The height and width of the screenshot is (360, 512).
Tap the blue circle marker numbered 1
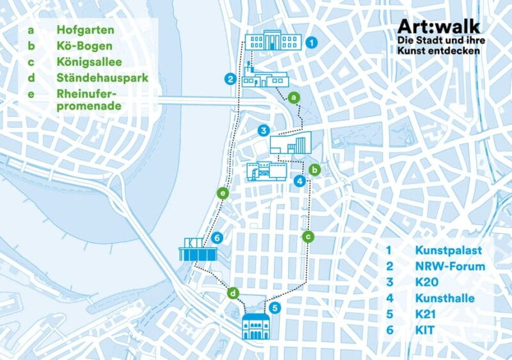point(311,43)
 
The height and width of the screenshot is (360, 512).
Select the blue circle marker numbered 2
point(229,79)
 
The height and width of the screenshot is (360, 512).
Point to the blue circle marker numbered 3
point(262,130)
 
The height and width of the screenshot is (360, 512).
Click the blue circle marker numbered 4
point(299,182)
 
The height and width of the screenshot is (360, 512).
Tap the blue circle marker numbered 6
point(218,238)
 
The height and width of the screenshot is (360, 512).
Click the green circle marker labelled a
point(293,97)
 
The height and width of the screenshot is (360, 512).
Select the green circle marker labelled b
point(314,170)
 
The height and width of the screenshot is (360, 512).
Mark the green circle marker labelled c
point(308,237)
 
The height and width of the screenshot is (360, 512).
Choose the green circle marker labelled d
point(234,293)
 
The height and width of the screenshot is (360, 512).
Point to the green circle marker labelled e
point(222,192)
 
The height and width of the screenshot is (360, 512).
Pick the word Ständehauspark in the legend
point(102,79)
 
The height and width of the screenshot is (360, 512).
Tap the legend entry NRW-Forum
point(450,266)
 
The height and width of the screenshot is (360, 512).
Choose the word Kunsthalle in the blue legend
point(446,298)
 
